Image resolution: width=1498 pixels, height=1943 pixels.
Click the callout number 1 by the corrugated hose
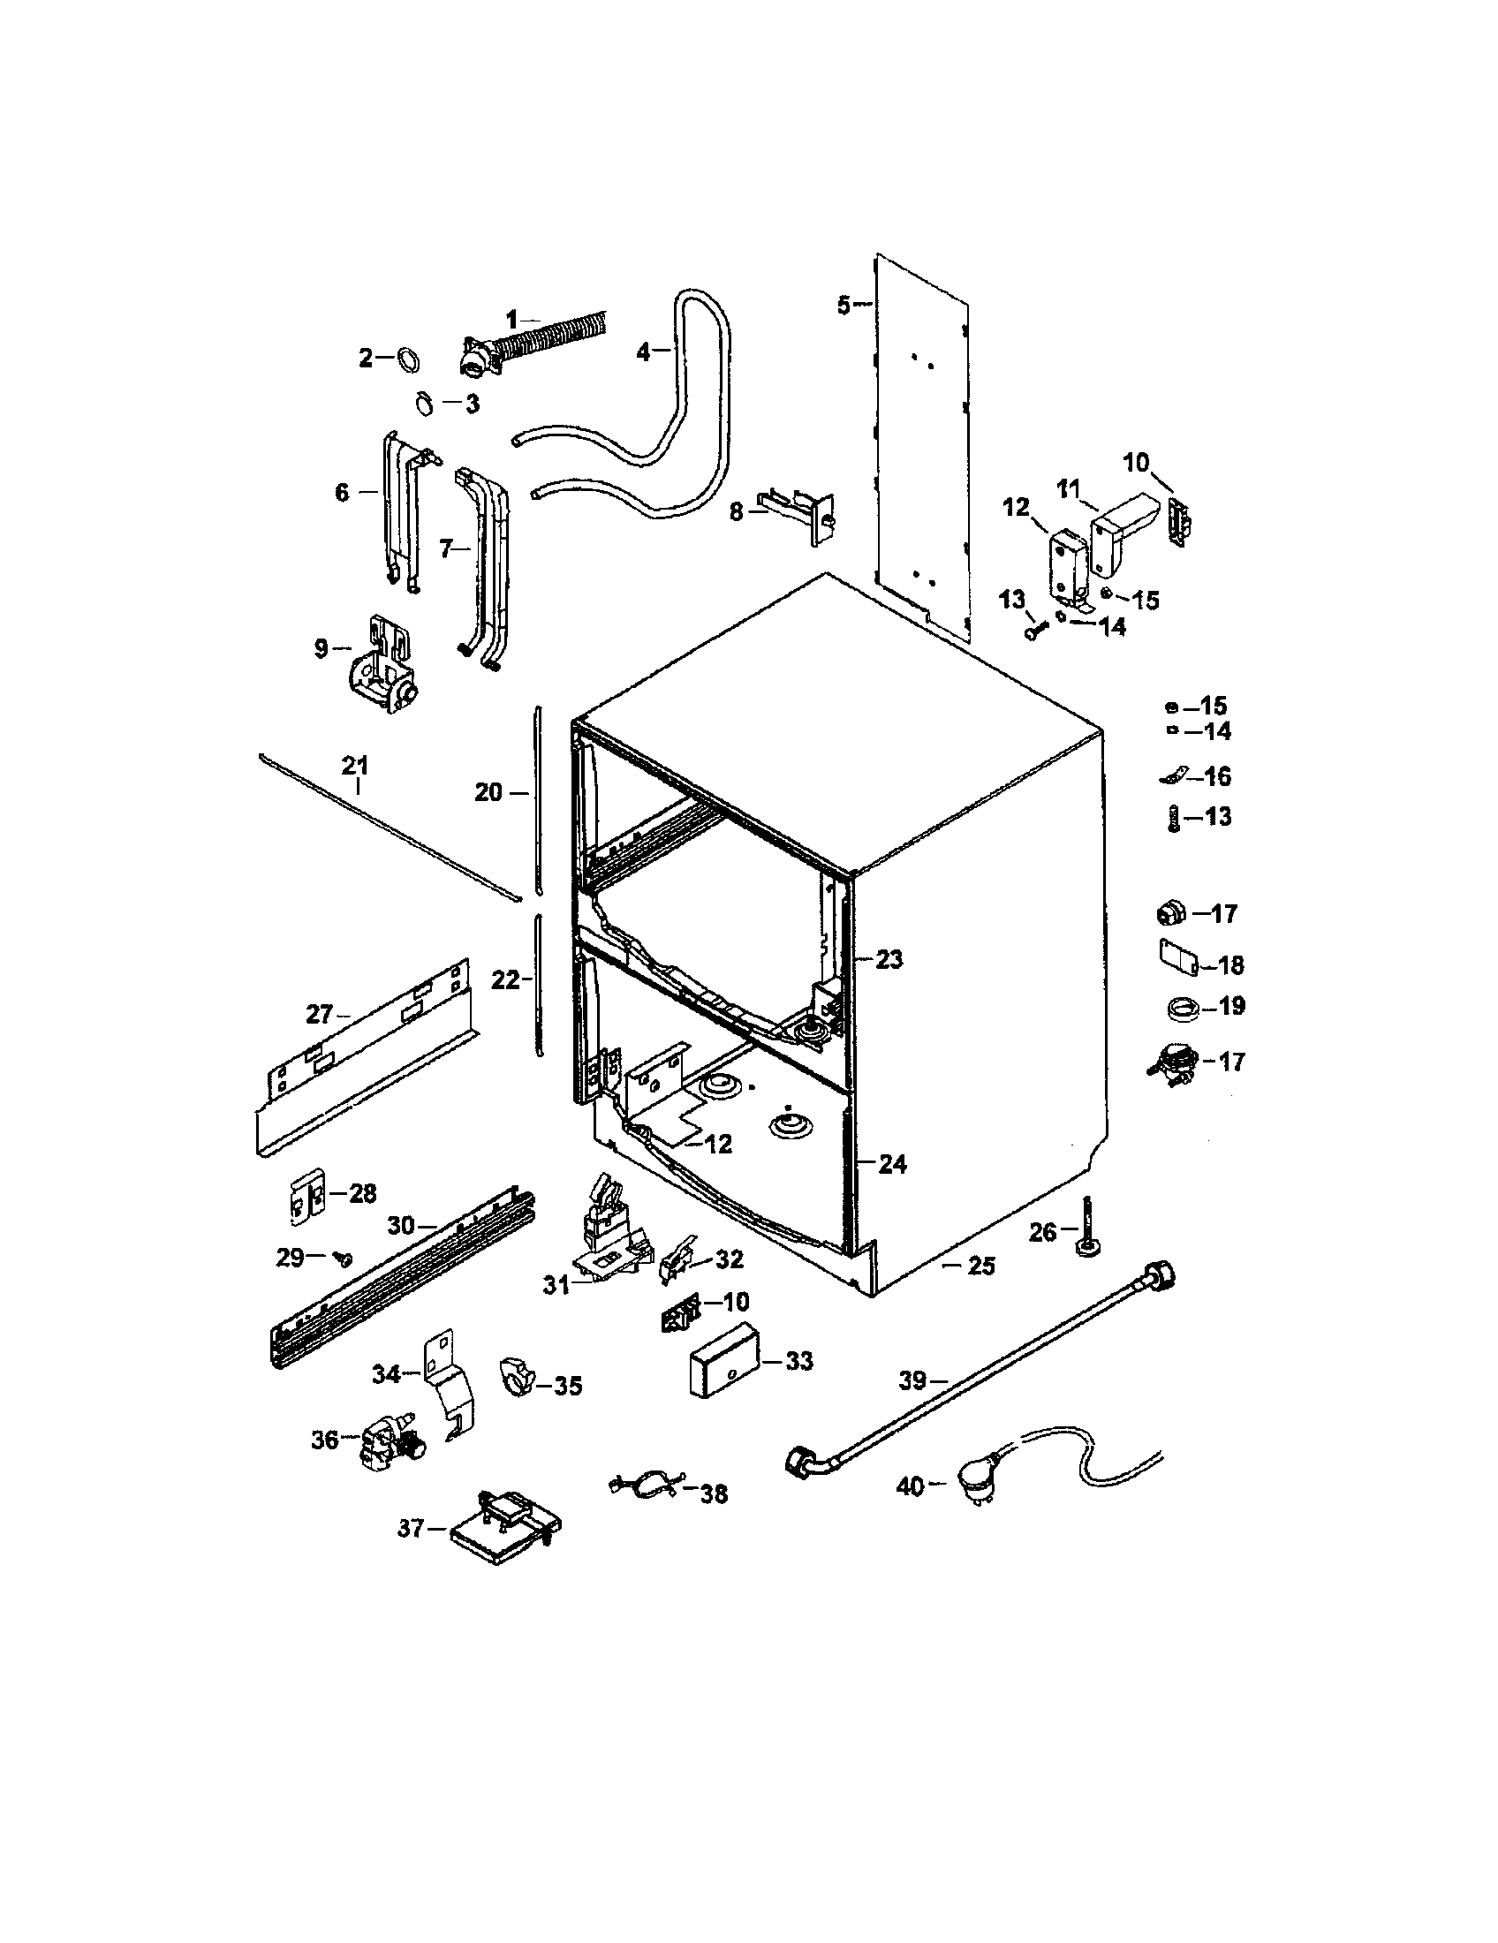pyautogui.click(x=511, y=319)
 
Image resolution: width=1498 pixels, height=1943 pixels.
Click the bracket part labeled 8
pyautogui.click(x=798, y=514)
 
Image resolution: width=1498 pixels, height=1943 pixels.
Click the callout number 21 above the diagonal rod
pyautogui.click(x=355, y=764)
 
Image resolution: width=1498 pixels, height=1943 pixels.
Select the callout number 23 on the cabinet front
pyautogui.click(x=889, y=959)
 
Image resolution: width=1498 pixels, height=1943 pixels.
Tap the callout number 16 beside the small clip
pyautogui.click(x=1217, y=776)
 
